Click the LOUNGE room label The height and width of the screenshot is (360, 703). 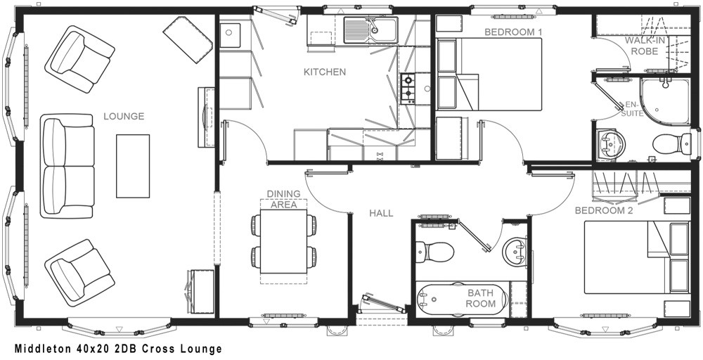coord(124,117)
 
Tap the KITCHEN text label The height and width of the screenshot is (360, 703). coord(325,72)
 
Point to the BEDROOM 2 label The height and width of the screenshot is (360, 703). coord(604,210)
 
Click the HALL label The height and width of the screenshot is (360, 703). coord(381,214)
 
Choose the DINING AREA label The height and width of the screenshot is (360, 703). coord(284,199)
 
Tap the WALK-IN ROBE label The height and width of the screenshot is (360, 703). coord(645,46)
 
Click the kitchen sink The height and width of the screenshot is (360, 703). coord(370,30)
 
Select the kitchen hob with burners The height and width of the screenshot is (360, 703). coord(408,89)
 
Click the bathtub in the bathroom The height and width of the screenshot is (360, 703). coord(463,299)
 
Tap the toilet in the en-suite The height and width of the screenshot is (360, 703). coord(671,143)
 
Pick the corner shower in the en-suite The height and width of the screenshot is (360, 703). coord(665,101)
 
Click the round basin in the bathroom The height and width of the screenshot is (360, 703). coord(515,252)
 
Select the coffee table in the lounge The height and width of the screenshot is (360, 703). coord(133,166)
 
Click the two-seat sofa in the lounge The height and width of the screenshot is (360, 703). coord(67,166)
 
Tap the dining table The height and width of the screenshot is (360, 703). coord(284,241)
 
